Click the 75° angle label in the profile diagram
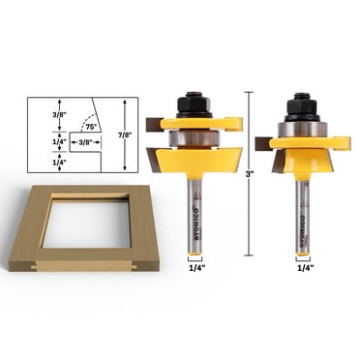click(x=91, y=127)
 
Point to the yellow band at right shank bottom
click(x=303, y=255)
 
